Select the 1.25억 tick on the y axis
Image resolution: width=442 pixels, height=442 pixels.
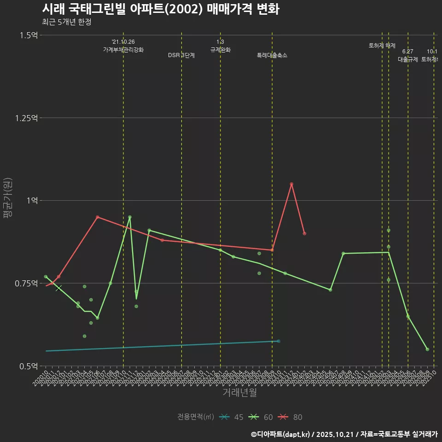(27, 118)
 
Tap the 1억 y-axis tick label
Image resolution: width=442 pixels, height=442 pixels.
(32, 201)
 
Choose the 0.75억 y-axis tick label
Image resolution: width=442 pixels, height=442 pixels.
(27, 283)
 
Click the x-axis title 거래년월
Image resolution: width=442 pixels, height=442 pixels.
(239, 392)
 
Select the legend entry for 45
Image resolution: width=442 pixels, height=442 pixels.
(232, 417)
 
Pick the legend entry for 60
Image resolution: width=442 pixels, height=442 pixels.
(261, 417)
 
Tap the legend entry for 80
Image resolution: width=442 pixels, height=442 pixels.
(291, 417)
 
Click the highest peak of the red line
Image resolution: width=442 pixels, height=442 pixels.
(291, 184)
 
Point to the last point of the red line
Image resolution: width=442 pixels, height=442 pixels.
(304, 233)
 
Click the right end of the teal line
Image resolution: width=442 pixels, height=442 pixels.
(279, 341)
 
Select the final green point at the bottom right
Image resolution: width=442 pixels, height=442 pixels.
(427, 349)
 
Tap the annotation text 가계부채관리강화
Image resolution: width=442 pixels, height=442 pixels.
(123, 50)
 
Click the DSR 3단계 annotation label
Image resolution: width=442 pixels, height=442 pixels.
(181, 55)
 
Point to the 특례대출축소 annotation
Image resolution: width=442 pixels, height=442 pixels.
(272, 55)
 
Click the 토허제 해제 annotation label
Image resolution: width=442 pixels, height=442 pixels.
(382, 46)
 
